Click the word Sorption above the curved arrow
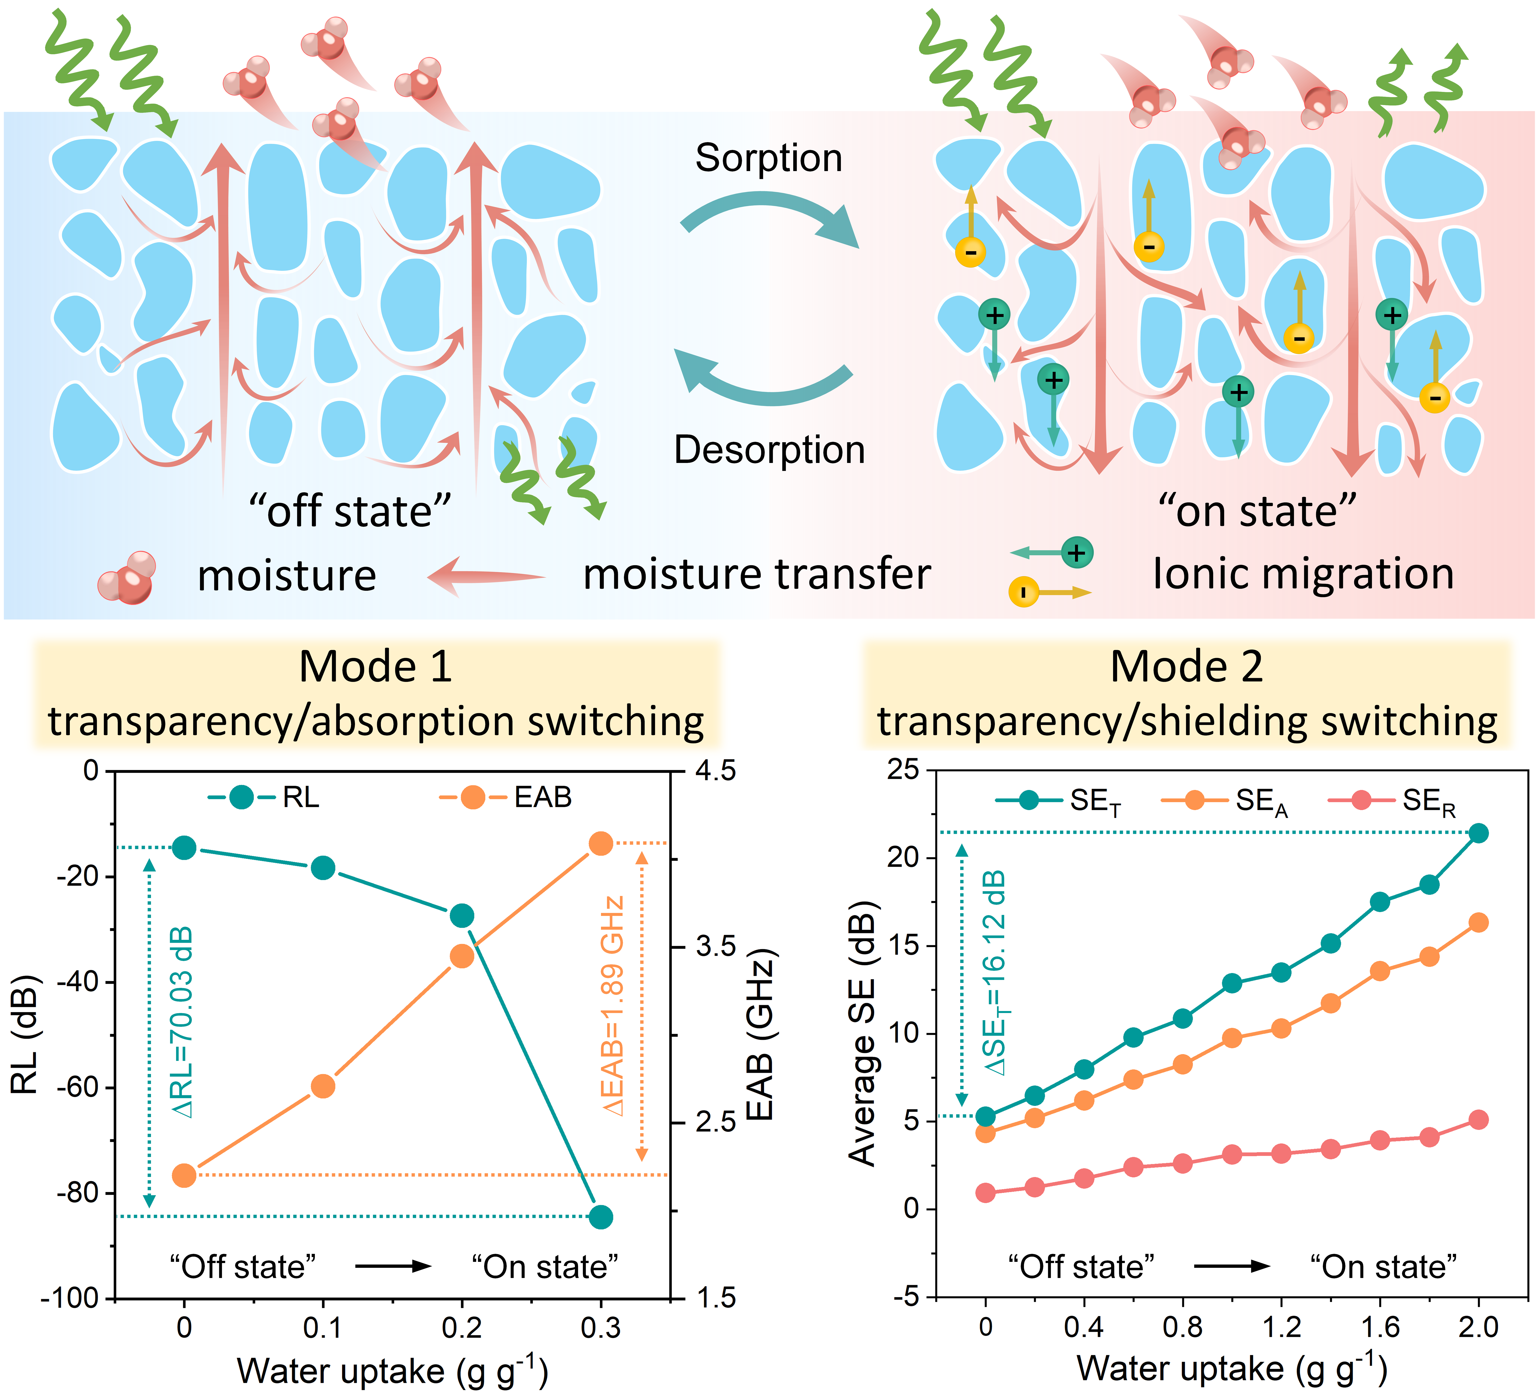tap(768, 158)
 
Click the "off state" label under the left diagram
tap(350, 511)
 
